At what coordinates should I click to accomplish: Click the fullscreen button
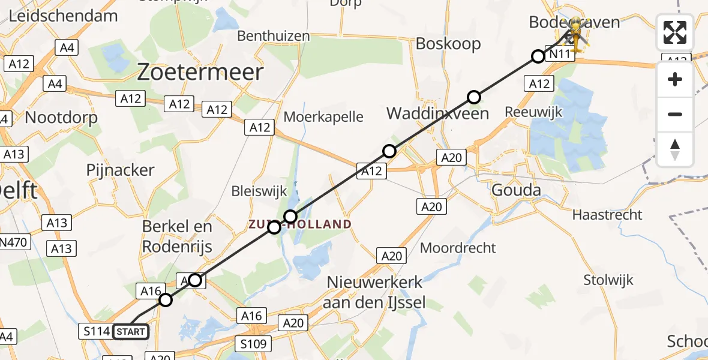[675, 32]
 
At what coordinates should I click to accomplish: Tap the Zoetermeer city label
[200, 73]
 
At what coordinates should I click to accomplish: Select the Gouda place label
[516, 191]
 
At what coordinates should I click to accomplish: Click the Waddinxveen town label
[437, 113]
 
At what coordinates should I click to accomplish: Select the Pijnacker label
[121, 170]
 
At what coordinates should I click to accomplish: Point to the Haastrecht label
[607, 215]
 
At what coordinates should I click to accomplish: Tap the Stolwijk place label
[608, 280]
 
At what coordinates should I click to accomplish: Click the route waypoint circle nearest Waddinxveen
[474, 97]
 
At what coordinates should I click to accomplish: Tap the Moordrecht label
[458, 247]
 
